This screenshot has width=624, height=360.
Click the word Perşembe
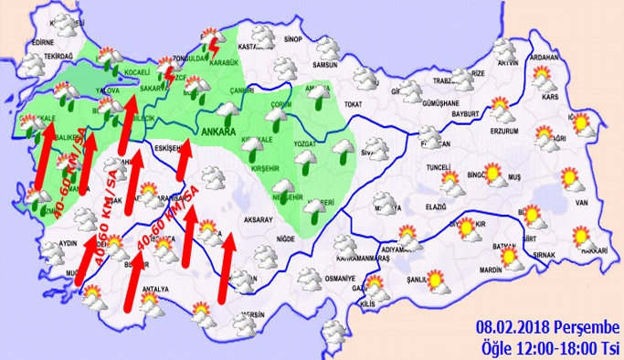pos(588,328)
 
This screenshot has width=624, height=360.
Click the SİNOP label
pos(293,40)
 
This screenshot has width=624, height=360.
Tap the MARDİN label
pos(492,270)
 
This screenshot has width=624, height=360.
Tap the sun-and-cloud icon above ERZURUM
pos(502,115)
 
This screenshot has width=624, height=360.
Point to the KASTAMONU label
pos(256,47)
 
